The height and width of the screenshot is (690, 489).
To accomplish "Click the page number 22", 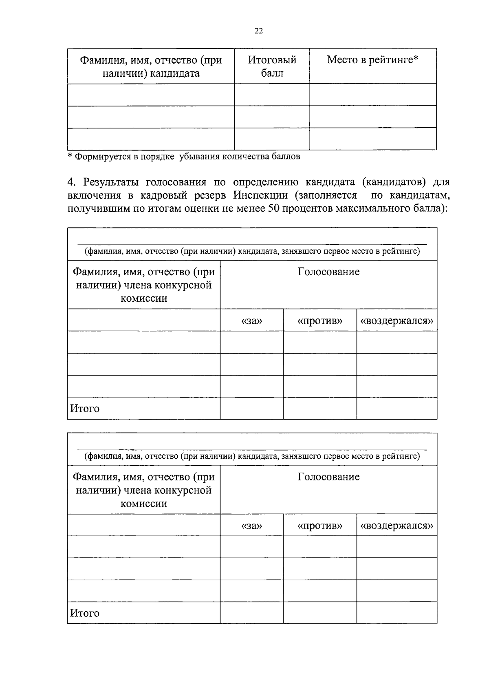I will pyautogui.click(x=258, y=31).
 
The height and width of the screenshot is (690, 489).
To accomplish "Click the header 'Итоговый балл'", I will pyautogui.click(x=272, y=66).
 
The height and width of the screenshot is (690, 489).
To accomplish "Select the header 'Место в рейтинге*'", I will pyautogui.click(x=372, y=60).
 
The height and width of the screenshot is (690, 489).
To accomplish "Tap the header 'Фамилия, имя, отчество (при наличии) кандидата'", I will pyautogui.click(x=151, y=66).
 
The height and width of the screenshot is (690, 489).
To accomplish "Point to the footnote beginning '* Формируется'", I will pyautogui.click(x=184, y=157).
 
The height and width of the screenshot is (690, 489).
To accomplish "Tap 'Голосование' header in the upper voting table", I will pyautogui.click(x=328, y=272).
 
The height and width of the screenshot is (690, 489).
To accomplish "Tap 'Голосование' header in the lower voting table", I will pyautogui.click(x=328, y=477).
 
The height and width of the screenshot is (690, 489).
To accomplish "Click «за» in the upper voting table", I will pyautogui.click(x=251, y=321).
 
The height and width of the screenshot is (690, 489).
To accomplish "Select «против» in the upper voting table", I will pyautogui.click(x=320, y=321).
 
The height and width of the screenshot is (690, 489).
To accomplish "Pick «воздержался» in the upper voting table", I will pyautogui.click(x=396, y=321).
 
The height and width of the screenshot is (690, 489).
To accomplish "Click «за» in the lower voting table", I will pyautogui.click(x=251, y=526).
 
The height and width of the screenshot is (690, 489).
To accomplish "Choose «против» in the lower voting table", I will pyautogui.click(x=320, y=526).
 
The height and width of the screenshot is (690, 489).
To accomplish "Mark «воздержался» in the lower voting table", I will pyautogui.click(x=396, y=526).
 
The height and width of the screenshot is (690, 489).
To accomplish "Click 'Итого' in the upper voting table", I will pyautogui.click(x=85, y=409).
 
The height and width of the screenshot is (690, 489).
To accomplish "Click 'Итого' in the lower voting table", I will pyautogui.click(x=85, y=613).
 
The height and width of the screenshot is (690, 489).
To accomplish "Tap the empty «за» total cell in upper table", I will pyautogui.click(x=251, y=409).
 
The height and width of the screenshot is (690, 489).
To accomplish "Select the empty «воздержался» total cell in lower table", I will pyautogui.click(x=396, y=613).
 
